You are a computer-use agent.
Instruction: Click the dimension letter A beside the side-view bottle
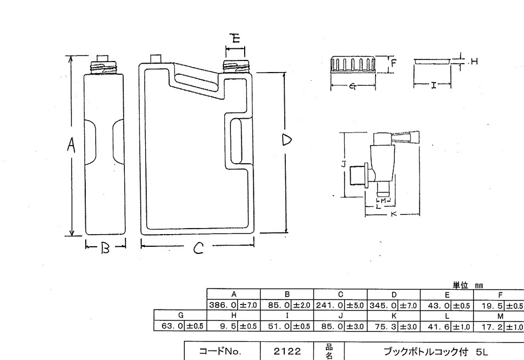click(x=70, y=145)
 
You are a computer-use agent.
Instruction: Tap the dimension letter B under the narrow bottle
click(x=106, y=248)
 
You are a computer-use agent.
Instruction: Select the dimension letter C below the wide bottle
click(x=199, y=249)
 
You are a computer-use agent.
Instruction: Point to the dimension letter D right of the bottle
click(x=286, y=140)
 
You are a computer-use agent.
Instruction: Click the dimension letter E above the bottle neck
click(x=235, y=38)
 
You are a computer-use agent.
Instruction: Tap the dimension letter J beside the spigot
click(x=343, y=164)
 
